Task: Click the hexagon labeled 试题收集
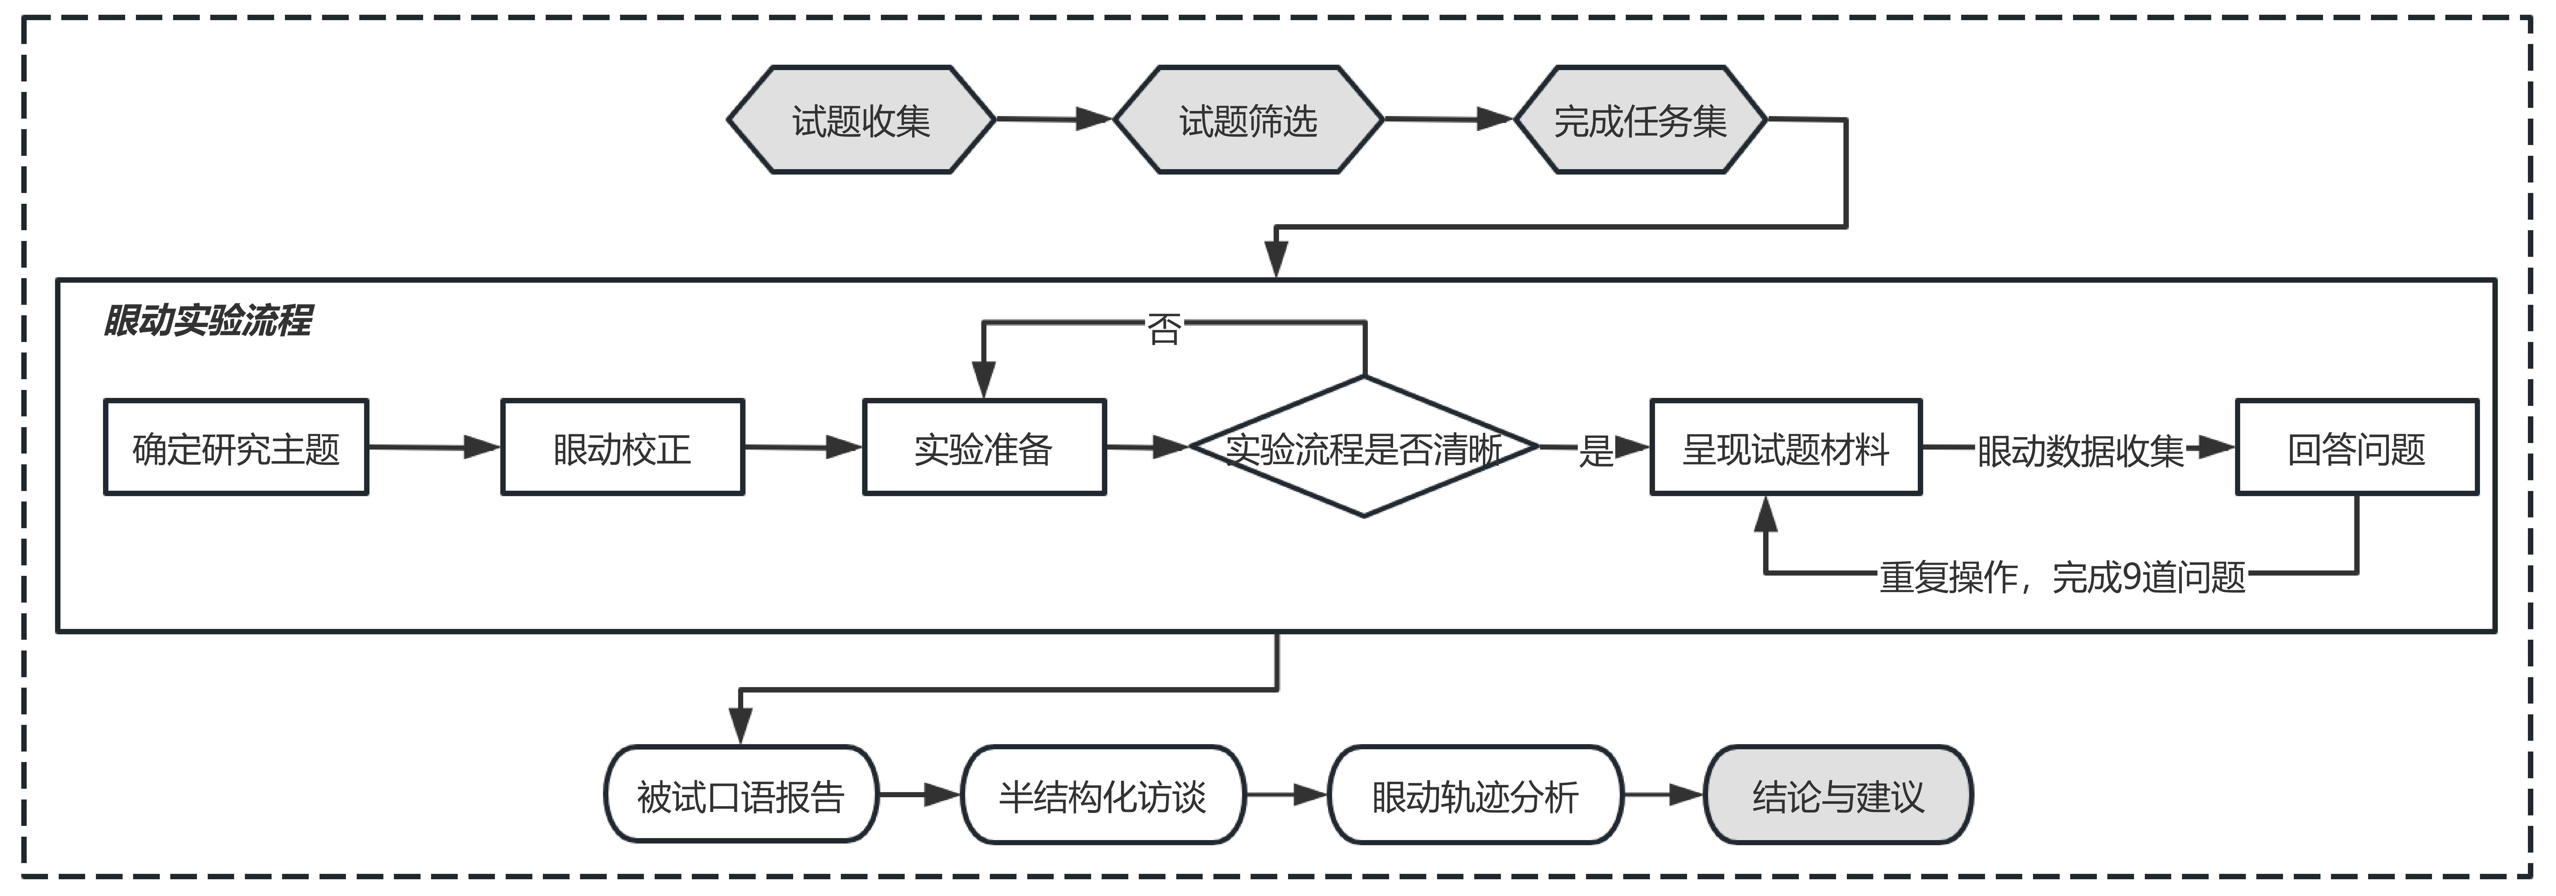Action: tap(860, 120)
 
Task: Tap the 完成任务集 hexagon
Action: tap(1640, 120)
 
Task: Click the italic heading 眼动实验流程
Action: tap(207, 320)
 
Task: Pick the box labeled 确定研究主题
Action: tap(236, 448)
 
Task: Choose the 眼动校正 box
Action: tap(622, 448)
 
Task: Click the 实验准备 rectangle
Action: tap(983, 448)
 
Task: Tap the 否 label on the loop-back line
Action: tap(1164, 328)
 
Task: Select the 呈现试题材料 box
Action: tap(1785, 448)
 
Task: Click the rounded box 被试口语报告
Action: tap(740, 795)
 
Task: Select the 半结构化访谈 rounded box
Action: tap(1102, 795)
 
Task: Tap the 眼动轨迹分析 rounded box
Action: tap(1475, 795)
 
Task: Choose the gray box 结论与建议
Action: tap(1838, 795)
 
